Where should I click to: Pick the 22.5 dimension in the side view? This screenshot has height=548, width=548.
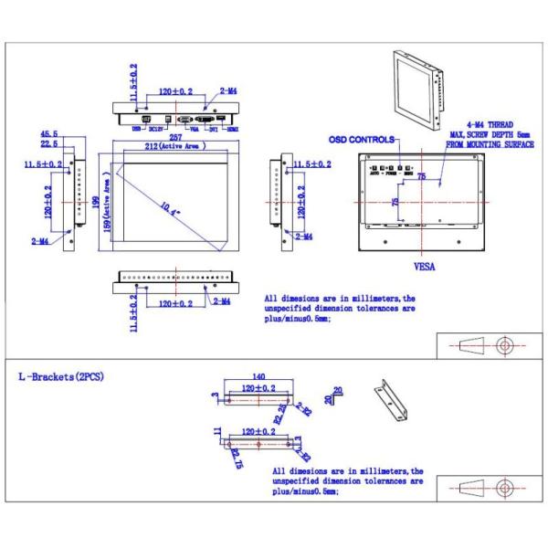coord(50,143)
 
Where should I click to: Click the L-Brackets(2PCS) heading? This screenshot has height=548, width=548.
coord(60,375)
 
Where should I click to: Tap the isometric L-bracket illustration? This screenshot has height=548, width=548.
coord(390,401)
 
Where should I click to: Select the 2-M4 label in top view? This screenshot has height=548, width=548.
coord(229,92)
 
